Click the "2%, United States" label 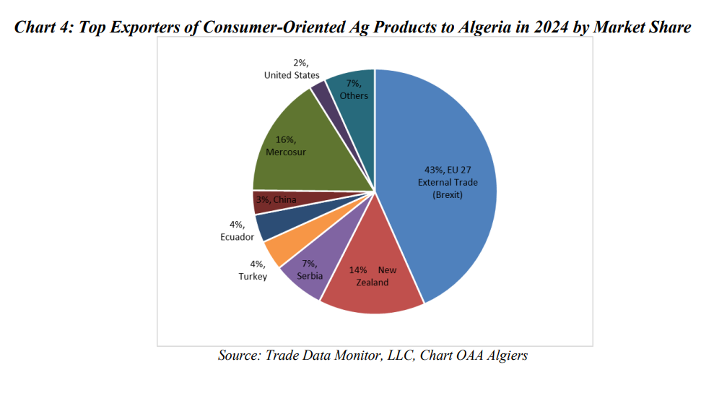click(x=292, y=69)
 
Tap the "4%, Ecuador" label click(x=236, y=230)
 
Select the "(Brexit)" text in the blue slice click(x=448, y=195)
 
